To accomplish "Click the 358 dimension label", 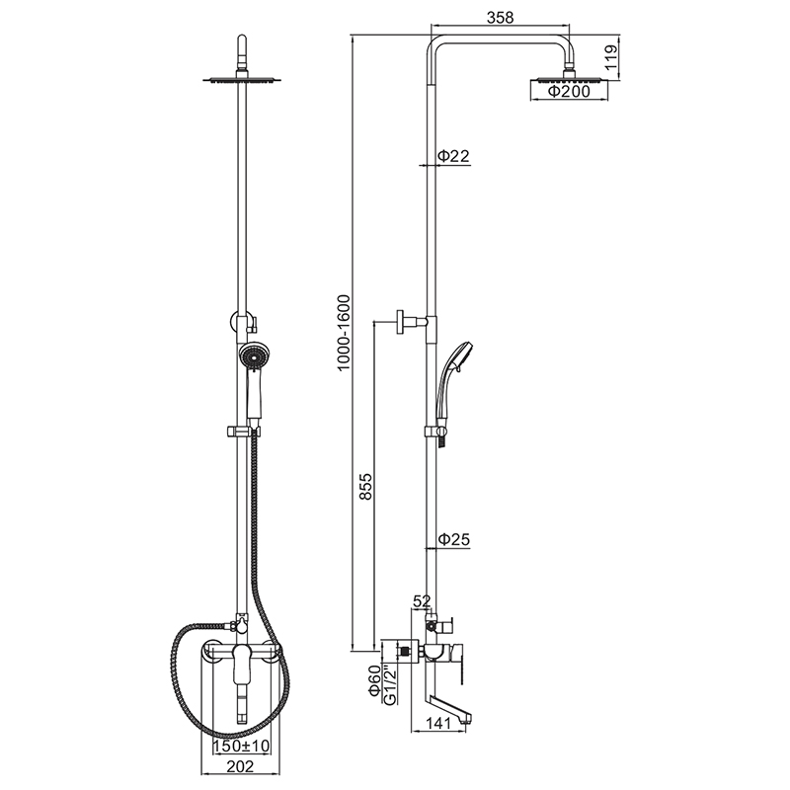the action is tap(500, 17).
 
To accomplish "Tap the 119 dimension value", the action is tap(610, 57).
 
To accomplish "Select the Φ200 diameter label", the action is tap(569, 91).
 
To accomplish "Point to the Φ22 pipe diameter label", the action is tap(453, 156).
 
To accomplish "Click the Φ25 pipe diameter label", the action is tap(453, 539).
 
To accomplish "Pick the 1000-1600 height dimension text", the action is tap(343, 333).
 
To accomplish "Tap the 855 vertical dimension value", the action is tap(365, 486).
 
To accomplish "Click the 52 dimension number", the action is tap(423, 600).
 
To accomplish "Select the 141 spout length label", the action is tap(437, 724).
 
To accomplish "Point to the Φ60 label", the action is tap(374, 680).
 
